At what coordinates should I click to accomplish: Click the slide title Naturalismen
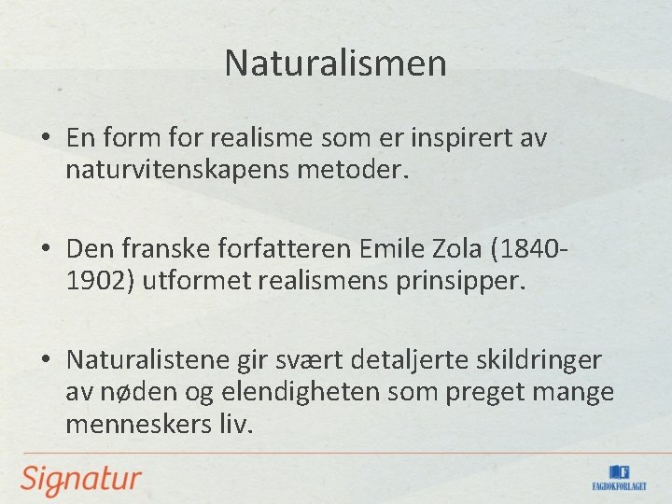point(336,63)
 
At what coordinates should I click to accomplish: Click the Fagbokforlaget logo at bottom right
point(619,478)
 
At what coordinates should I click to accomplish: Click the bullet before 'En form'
point(45,139)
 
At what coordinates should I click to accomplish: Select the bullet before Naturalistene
point(45,361)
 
